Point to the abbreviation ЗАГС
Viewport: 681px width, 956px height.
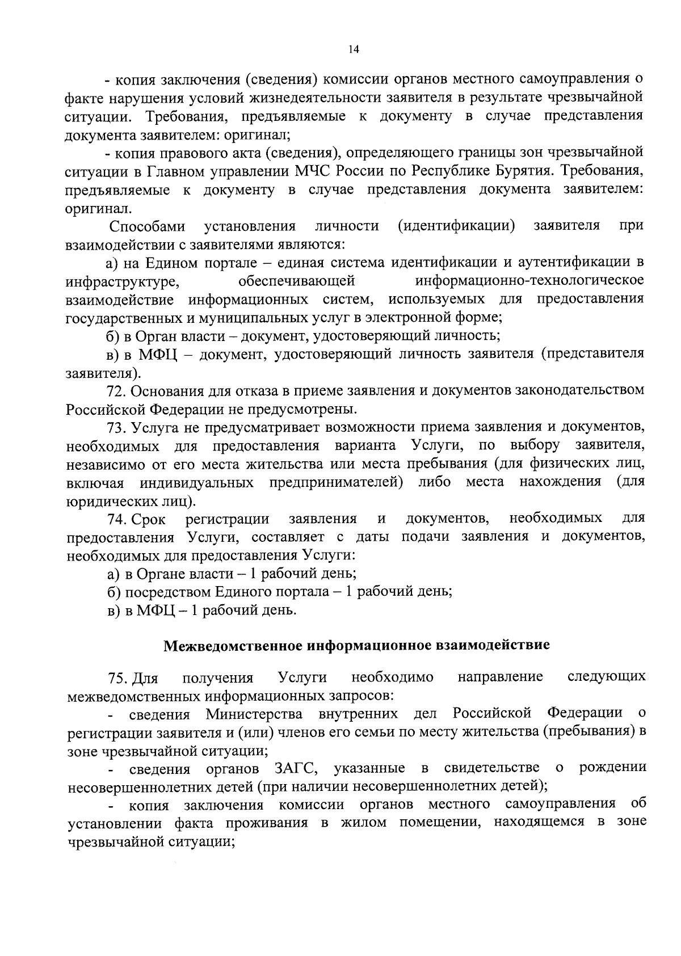point(295,768)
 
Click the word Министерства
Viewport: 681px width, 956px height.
point(254,713)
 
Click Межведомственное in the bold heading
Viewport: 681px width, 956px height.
point(234,646)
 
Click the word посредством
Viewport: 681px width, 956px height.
point(167,592)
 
